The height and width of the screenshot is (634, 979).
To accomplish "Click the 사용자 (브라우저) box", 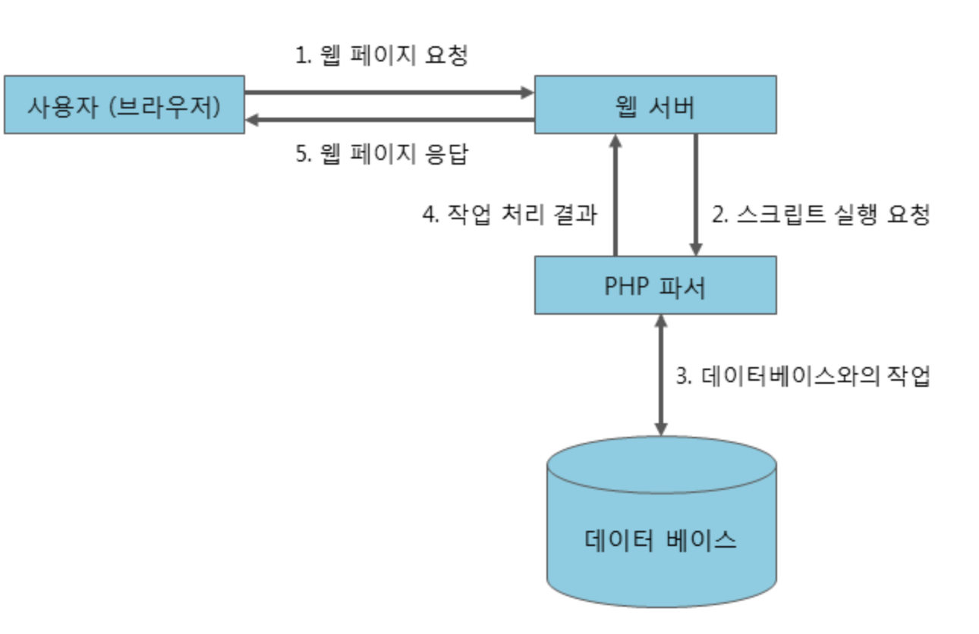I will point(124,105).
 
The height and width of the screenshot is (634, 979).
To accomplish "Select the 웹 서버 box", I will point(655,105).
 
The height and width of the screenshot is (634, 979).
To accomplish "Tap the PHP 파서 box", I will point(655,285).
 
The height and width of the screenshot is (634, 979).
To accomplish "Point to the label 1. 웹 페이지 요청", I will point(381,55).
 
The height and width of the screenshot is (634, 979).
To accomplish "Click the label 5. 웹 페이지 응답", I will point(381,154).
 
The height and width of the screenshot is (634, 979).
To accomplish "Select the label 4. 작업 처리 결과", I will point(509,215).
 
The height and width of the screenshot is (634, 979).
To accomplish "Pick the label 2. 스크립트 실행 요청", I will point(820,215).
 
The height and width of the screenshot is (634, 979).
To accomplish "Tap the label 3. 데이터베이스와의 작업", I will point(803,377).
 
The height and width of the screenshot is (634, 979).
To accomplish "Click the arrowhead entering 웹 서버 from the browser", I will point(527,93).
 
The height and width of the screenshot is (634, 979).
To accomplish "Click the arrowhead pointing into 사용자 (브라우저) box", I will point(253,120).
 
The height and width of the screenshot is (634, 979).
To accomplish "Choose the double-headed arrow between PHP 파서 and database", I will point(661,375).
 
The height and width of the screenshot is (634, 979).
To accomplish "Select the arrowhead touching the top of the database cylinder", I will point(661,429).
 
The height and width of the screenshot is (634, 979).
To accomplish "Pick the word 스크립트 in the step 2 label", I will point(783,215).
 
